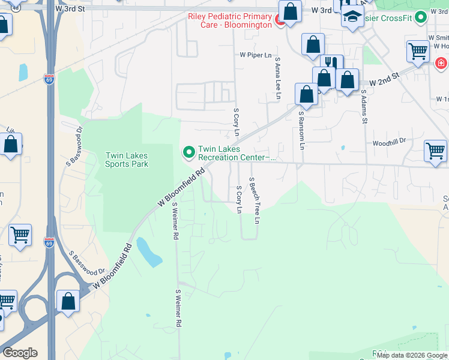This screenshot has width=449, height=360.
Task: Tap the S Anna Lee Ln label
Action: click(277, 72)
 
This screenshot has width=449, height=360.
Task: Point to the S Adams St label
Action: click(363, 107)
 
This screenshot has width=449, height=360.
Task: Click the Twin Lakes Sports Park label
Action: click(127, 160)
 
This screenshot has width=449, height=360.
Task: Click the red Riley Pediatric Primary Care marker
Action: click(280, 22)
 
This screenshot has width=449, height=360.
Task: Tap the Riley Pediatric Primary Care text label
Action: click(230, 21)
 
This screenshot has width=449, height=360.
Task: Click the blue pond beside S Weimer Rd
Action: click(149, 252)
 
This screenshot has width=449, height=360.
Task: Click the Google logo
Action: click(19, 353)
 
